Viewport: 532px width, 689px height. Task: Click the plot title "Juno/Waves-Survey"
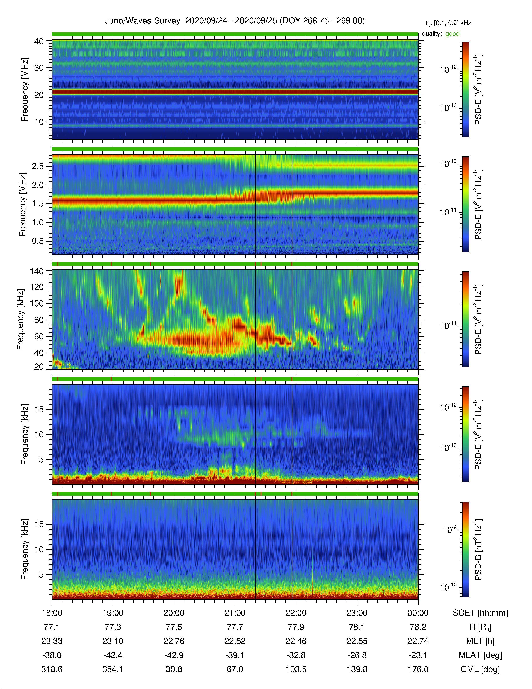[142, 21]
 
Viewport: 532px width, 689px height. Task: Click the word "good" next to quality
[452, 34]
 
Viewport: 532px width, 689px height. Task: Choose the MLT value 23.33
[52, 641]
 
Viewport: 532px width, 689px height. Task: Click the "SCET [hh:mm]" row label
[480, 613]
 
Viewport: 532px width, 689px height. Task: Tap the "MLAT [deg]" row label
[480, 655]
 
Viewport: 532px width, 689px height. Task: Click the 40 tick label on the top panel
[39, 41]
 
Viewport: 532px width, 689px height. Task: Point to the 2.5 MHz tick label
[38, 166]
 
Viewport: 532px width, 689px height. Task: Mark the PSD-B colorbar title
[478, 549]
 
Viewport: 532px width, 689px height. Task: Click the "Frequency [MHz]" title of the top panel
[25, 90]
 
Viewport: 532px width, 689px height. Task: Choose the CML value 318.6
[52, 669]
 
